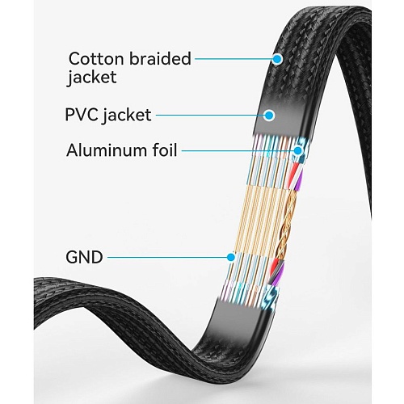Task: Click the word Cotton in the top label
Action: [97, 58]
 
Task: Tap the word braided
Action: [160, 58]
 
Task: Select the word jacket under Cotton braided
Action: [92, 78]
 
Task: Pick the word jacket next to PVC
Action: [126, 116]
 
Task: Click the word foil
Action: [165, 149]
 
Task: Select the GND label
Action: [84, 257]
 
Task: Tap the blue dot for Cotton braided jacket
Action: [277, 59]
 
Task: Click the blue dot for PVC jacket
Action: [269, 116]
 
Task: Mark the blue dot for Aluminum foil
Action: [298, 150]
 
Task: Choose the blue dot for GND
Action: [230, 257]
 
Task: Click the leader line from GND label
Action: [167, 257]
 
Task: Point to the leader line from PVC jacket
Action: [210, 116]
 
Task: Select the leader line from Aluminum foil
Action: [238, 150]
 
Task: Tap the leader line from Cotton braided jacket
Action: [234, 59]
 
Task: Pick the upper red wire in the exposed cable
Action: [296, 170]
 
